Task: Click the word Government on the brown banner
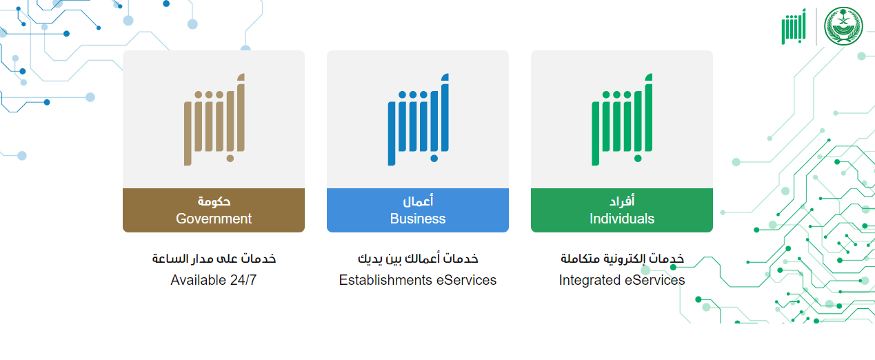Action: click(214, 219)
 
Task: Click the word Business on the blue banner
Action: click(418, 219)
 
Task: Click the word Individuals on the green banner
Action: click(622, 219)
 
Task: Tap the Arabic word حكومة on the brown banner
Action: click(214, 201)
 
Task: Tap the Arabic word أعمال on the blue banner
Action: click(418, 201)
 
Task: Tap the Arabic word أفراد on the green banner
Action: click(622, 201)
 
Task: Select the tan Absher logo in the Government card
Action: click(214, 119)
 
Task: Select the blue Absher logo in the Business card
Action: click(419, 119)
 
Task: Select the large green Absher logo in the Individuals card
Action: click(622, 119)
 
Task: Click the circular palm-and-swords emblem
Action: click(844, 26)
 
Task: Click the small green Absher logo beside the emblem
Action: click(794, 27)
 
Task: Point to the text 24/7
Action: click(243, 280)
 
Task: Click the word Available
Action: click(198, 280)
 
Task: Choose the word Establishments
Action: click(385, 280)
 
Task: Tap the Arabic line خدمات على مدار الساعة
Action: click(214, 259)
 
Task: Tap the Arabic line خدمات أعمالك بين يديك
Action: click(418, 259)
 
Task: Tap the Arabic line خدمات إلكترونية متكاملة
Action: click(622, 259)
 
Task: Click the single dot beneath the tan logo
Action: click(230, 159)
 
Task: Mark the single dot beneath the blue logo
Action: click(434, 159)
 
